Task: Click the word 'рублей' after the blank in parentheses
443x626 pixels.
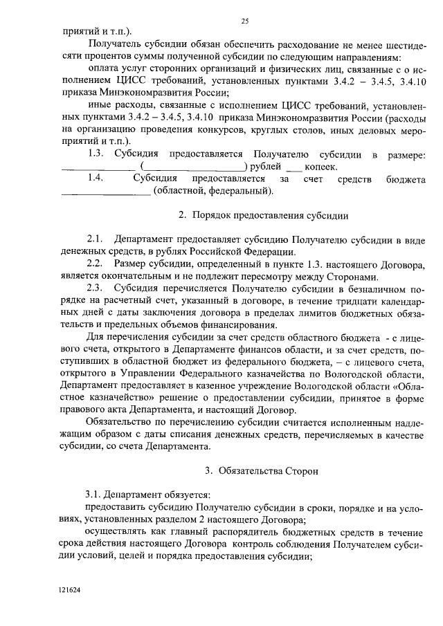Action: coord(264,167)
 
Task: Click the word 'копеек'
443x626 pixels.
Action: coord(322,167)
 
